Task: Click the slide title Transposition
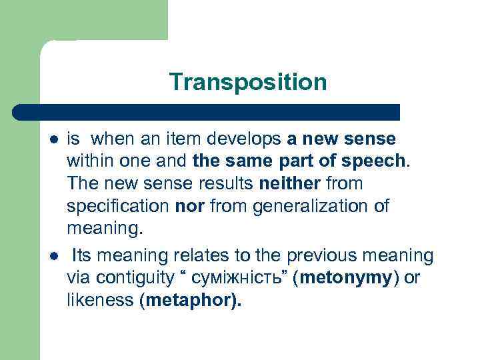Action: (248, 82)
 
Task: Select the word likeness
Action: (101, 300)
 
